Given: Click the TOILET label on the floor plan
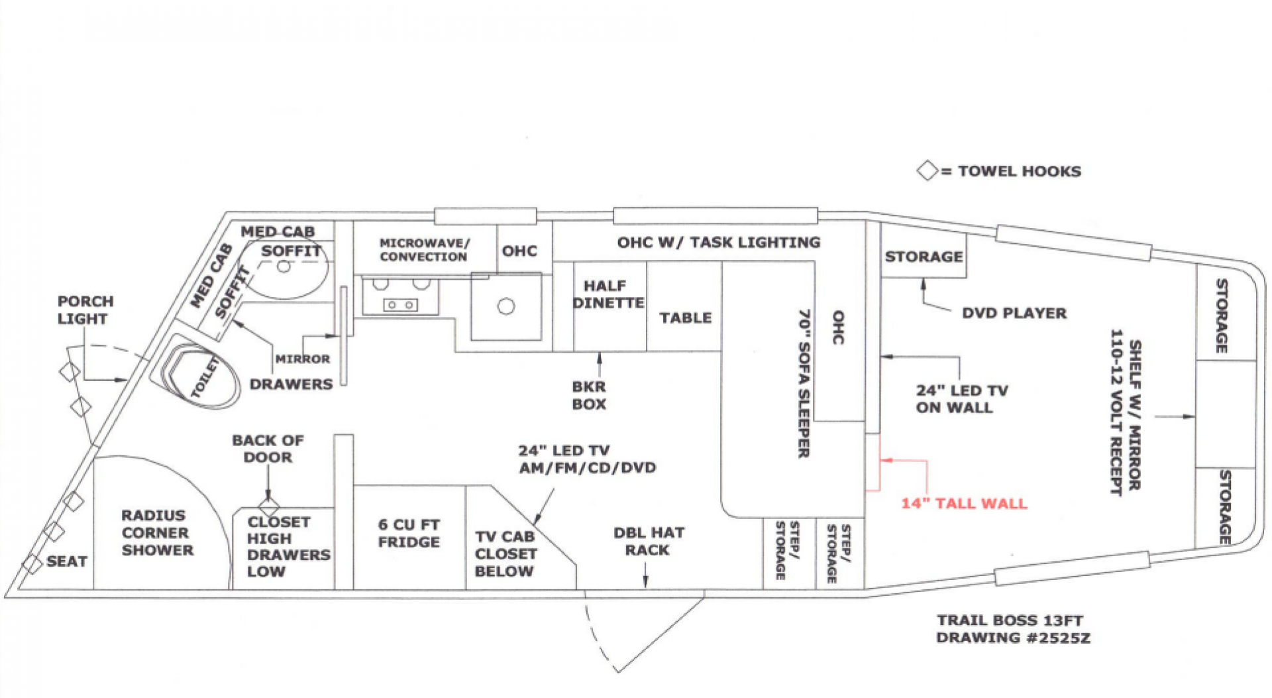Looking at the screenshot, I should (x=205, y=377).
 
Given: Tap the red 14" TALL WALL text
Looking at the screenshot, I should (x=964, y=503).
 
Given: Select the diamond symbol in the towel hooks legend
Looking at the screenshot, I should (x=927, y=171).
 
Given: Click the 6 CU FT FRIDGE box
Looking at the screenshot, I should (x=409, y=534).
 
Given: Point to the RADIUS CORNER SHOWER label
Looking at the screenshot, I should (x=157, y=533).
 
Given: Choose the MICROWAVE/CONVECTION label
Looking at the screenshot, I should (x=424, y=250).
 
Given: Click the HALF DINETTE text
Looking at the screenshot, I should (x=608, y=294).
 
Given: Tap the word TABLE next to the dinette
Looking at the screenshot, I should (x=685, y=318).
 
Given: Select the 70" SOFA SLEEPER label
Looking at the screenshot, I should (x=804, y=383).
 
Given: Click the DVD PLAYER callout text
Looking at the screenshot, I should (x=1014, y=314).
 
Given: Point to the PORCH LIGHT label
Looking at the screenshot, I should (x=85, y=310).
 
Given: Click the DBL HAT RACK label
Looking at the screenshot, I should (x=648, y=541).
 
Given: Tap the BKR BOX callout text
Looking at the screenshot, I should (x=589, y=395).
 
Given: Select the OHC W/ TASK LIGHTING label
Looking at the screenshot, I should (x=718, y=243).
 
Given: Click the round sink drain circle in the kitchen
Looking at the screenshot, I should (x=507, y=307).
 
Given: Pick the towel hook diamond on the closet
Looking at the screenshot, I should (x=269, y=507).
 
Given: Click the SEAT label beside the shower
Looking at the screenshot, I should (x=66, y=561).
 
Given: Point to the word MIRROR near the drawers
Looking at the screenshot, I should (x=303, y=359).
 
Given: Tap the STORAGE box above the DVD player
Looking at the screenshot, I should (x=924, y=257).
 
